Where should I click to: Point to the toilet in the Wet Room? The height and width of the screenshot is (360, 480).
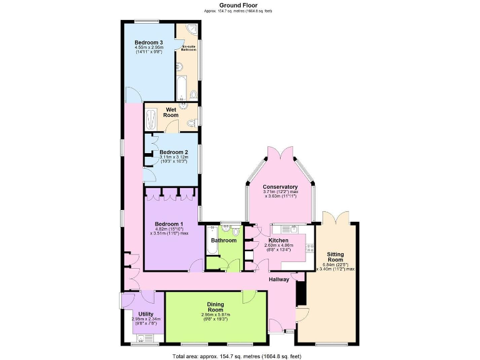point(192,124)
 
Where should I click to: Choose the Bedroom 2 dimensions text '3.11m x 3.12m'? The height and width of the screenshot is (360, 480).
point(172,157)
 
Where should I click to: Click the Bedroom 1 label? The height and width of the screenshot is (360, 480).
point(169,224)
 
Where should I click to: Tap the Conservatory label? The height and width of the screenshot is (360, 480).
point(279,187)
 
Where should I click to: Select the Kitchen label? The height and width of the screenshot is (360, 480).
point(279,240)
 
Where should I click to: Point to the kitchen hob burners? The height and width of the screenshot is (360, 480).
point(309,248)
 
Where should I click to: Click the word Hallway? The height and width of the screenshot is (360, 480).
point(279,279)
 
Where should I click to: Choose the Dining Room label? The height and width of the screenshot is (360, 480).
point(216,307)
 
